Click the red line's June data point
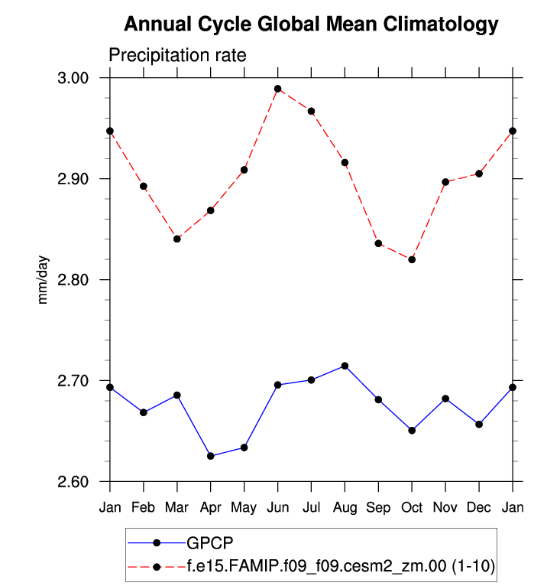(278, 89)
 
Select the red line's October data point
(412, 259)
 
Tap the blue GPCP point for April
(211, 456)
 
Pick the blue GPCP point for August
(345, 366)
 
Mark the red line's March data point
(177, 239)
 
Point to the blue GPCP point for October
(412, 430)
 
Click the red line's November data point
(445, 182)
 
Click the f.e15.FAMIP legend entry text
(340, 567)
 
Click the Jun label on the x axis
(278, 508)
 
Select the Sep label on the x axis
(378, 508)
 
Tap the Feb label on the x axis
(144, 508)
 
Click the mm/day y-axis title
(44, 280)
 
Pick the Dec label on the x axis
(479, 508)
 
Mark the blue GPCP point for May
(244, 448)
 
